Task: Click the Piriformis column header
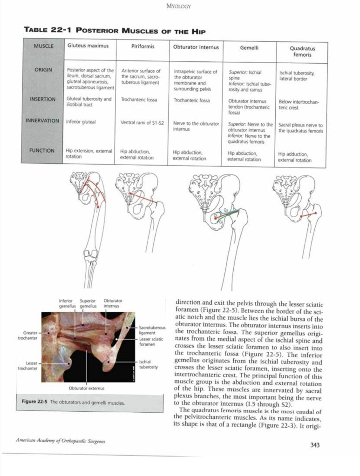point(143,47)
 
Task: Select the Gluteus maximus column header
point(88,47)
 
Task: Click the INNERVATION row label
point(42,121)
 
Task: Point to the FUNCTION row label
point(45,150)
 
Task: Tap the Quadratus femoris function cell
point(295,157)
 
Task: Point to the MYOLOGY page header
point(179,7)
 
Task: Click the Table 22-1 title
point(115,31)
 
